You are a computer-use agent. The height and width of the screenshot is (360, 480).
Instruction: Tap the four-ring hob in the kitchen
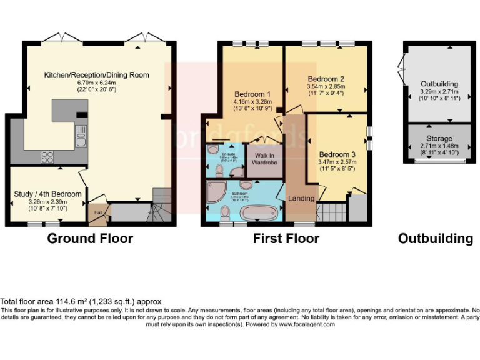[48, 156]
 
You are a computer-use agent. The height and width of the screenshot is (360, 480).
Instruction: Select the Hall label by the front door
[97, 213]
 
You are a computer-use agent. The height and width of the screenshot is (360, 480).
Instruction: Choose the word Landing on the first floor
[301, 199]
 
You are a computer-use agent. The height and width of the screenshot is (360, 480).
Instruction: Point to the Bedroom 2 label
[326, 79]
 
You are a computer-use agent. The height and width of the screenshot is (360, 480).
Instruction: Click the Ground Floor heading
[90, 238]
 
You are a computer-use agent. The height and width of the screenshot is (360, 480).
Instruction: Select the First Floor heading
[286, 238]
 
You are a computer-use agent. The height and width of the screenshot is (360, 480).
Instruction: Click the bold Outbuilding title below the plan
[435, 238]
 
